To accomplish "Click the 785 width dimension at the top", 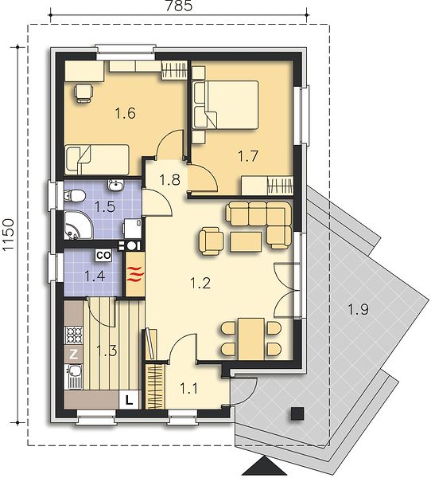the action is click(179, 6).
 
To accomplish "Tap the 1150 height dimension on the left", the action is click(9, 235).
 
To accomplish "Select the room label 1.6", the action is click(125, 113).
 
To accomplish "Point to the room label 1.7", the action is click(248, 156).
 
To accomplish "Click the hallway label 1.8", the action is click(169, 179).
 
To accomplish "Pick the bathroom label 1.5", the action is click(105, 206).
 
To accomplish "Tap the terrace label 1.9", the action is click(359, 310).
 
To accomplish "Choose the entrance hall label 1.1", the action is click(189, 389).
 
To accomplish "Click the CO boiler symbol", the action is click(103, 255).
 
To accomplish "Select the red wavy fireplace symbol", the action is click(135, 274).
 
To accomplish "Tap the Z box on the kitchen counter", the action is click(73, 354).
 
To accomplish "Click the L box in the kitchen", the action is click(129, 400).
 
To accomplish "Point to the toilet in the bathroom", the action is click(74, 196).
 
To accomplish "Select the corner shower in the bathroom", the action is click(78, 225).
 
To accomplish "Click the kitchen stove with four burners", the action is click(73, 335).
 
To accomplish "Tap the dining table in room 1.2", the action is click(251, 339).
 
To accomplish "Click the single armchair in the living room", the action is click(212, 241).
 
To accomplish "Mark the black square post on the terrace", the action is click(297, 414).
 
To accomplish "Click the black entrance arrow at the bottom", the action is click(265, 467).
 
